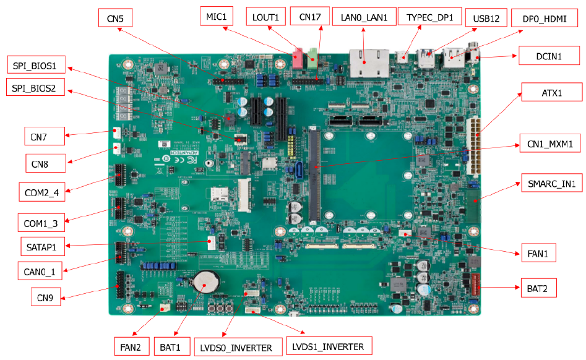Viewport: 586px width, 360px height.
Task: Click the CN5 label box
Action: (116, 18)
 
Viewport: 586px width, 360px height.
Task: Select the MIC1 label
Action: (217, 16)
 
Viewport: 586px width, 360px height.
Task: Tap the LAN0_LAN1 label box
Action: (364, 17)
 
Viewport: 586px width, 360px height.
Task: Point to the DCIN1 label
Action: (549, 56)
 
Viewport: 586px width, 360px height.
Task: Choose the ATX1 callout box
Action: (551, 92)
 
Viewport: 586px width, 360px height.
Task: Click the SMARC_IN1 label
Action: (551, 183)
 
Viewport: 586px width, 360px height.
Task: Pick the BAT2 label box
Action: (538, 288)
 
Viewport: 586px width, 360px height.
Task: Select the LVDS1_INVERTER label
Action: (329, 346)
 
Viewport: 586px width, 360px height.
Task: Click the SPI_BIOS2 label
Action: (35, 87)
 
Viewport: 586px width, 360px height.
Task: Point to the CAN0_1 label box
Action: (40, 271)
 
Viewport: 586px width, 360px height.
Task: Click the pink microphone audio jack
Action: (297, 59)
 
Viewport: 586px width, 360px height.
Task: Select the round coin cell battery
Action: (205, 282)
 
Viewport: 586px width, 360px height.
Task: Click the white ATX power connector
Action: (473, 145)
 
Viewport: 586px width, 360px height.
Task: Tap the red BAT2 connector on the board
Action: (475, 285)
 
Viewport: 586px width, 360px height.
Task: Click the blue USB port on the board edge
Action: (426, 58)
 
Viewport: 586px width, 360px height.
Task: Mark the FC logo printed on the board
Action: (192, 160)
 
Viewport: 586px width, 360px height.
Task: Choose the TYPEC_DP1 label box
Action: (430, 17)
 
